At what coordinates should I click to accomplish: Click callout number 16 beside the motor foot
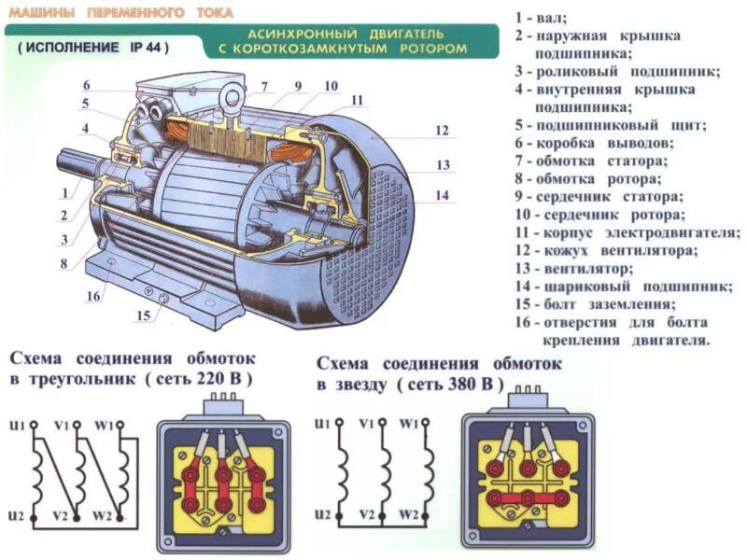(92, 297)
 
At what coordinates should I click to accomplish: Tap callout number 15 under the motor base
(143, 315)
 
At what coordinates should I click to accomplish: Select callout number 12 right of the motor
(442, 131)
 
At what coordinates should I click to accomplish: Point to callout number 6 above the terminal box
(85, 85)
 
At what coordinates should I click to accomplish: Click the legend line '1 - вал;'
(541, 18)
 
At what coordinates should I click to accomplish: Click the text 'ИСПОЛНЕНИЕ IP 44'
(92, 48)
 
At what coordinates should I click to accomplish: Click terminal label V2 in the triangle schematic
(61, 515)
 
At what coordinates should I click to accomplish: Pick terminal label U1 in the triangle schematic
(16, 425)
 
